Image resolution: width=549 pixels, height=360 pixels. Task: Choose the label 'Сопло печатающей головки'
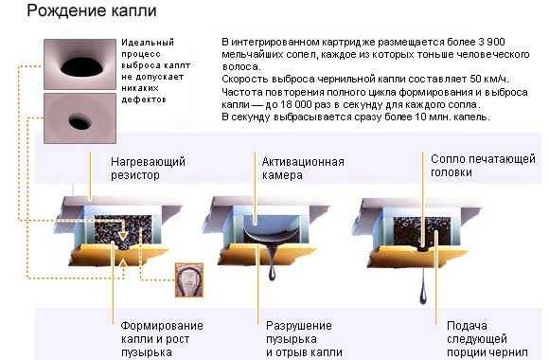click(x=482, y=167)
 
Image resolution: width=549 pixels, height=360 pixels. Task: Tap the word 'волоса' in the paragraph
click(x=238, y=68)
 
